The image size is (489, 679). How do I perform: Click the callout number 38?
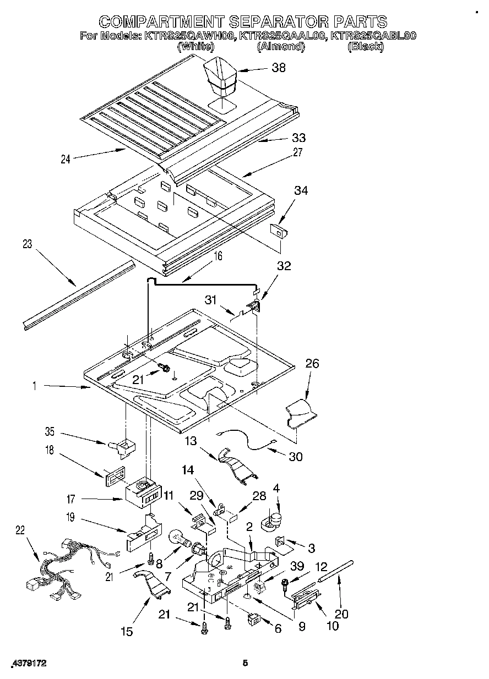(279, 68)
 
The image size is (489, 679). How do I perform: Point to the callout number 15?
(127, 632)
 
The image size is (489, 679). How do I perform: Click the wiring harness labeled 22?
(66, 567)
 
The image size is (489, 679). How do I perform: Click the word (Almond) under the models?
(281, 47)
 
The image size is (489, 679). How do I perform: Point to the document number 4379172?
(28, 664)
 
